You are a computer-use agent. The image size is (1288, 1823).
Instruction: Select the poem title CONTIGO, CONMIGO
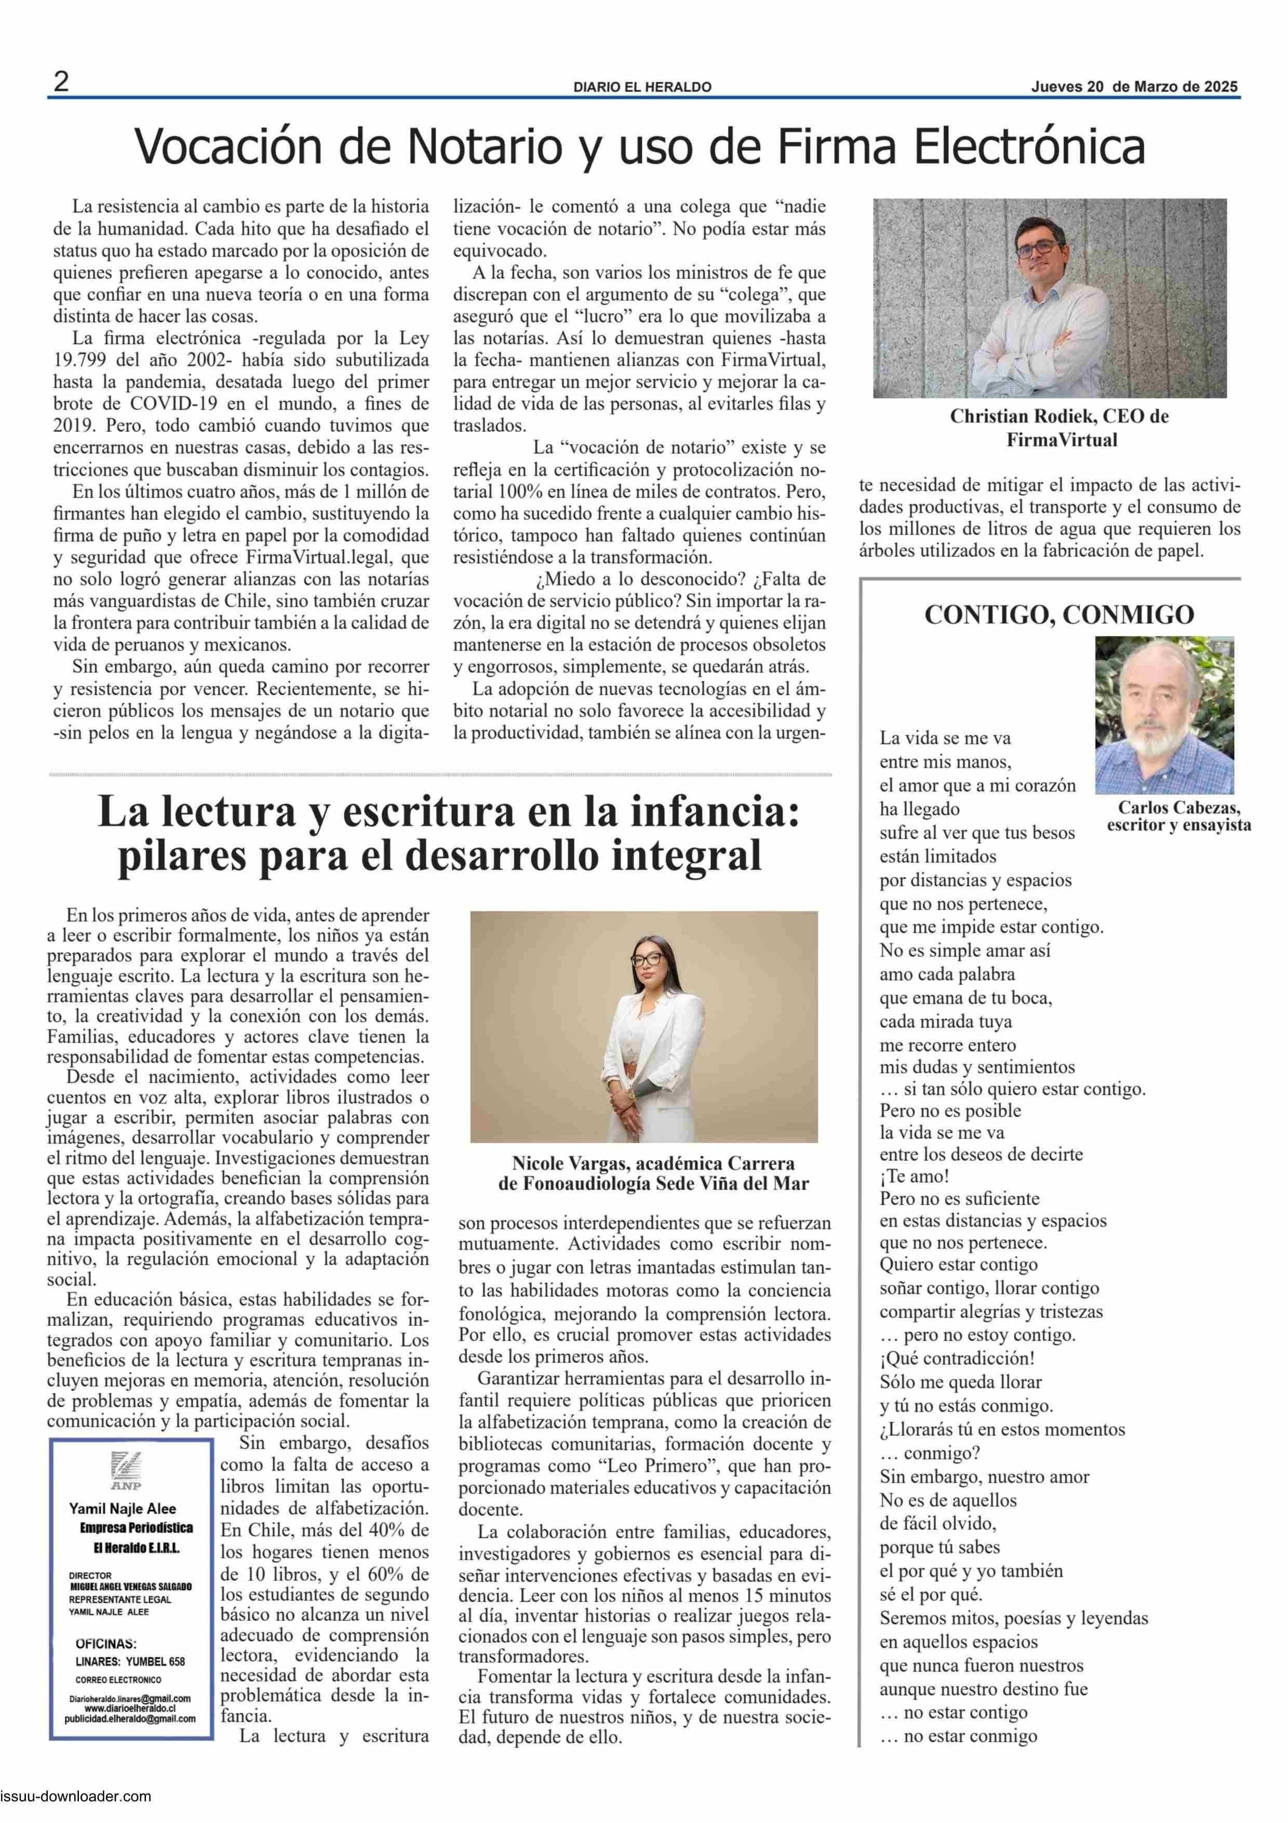(x=1058, y=615)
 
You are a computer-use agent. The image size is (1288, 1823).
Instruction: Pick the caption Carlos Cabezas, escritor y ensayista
(x=1178, y=816)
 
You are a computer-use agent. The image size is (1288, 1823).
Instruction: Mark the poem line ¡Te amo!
(x=914, y=1176)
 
